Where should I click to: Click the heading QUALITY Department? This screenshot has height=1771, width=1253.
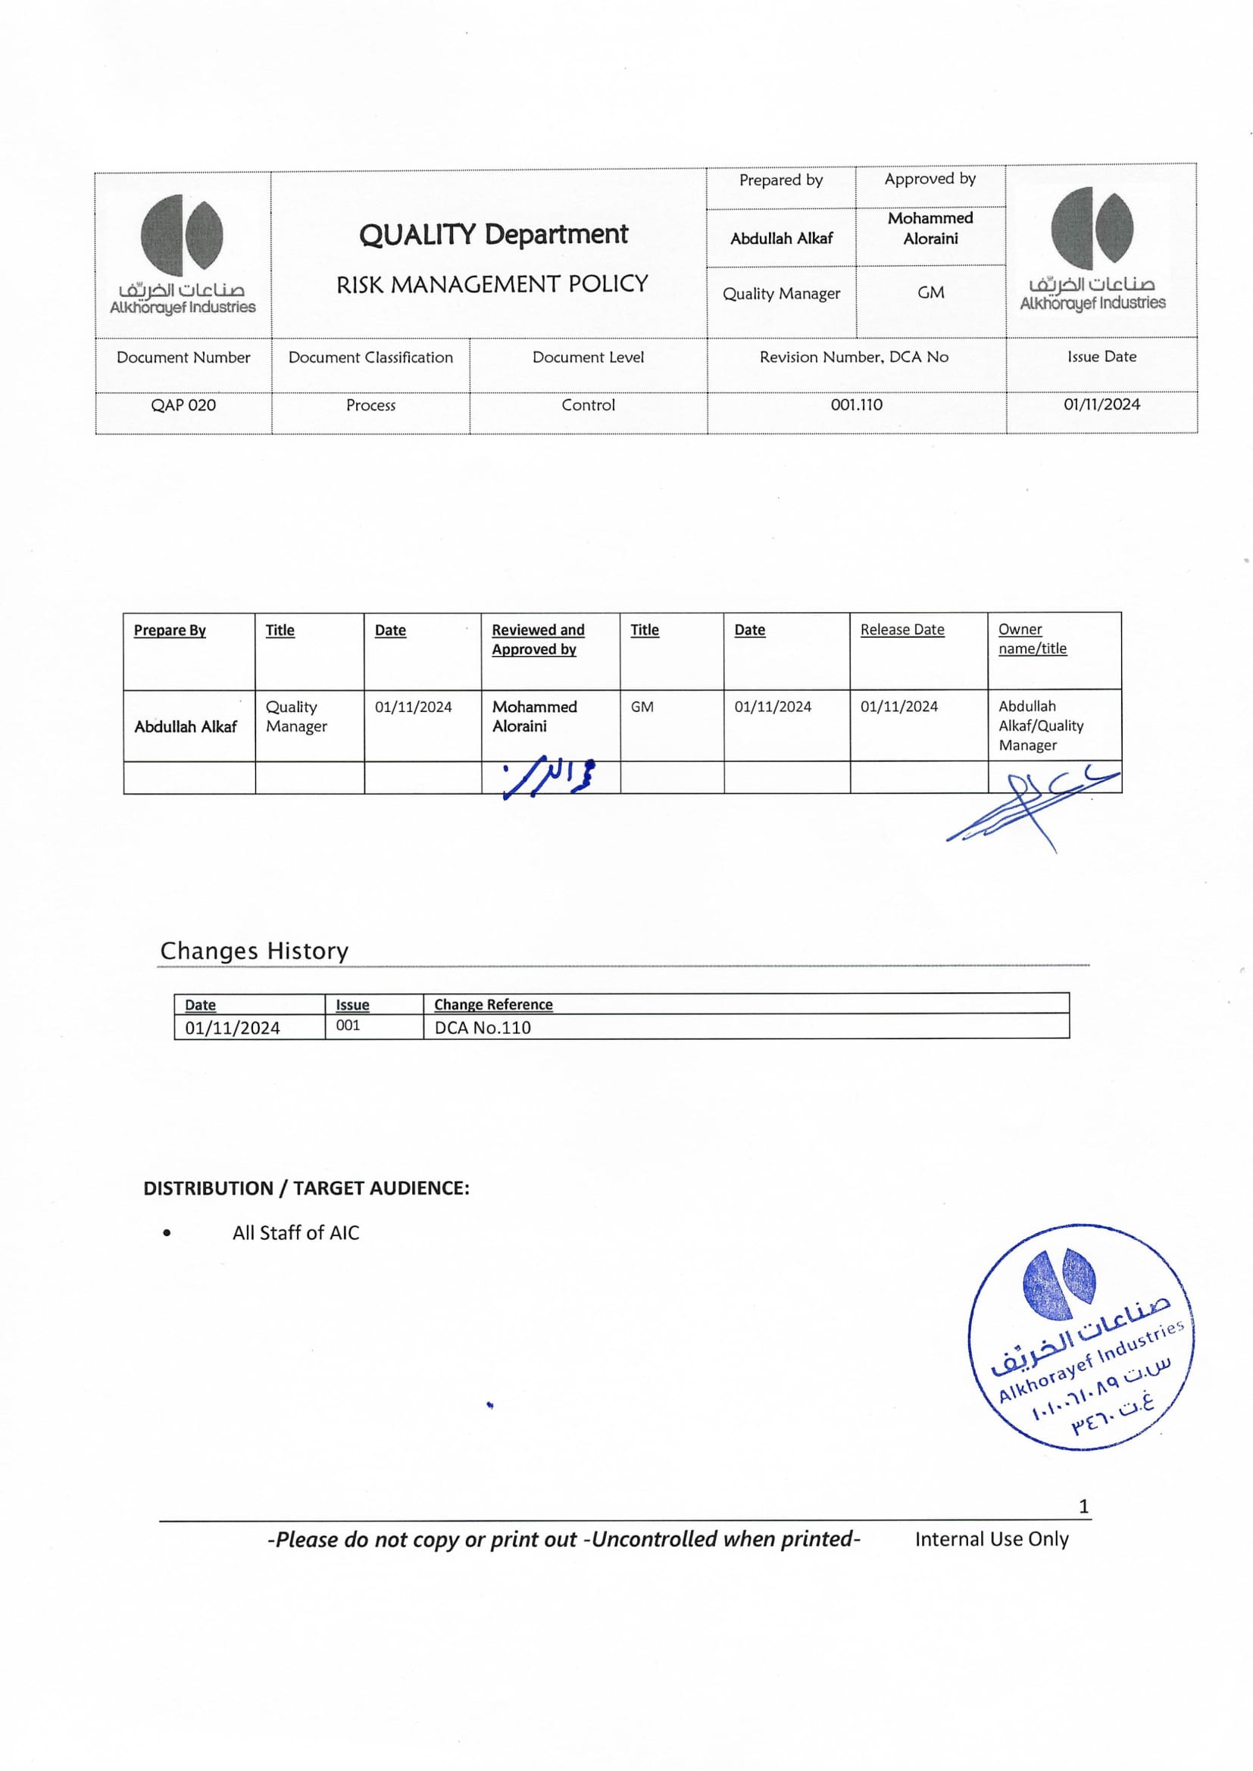(493, 235)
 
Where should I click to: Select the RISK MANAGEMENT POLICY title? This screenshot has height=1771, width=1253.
(492, 285)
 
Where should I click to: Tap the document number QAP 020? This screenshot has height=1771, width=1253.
(183, 405)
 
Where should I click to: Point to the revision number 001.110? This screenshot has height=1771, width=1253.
(857, 404)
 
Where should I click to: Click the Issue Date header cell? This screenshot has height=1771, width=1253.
(1101, 356)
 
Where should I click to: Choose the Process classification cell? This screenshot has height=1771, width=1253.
(370, 405)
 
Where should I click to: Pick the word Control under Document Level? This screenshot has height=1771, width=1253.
(588, 405)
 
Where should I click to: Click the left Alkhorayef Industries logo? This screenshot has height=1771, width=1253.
(183, 255)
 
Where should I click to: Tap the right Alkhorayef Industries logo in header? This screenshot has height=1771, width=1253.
(1092, 248)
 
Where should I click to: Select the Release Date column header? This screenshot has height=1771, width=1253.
(902, 629)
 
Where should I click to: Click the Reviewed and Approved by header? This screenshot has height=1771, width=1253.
(538, 639)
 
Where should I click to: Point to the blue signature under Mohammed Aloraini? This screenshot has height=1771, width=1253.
(549, 776)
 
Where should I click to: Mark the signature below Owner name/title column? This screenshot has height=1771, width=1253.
(1033, 806)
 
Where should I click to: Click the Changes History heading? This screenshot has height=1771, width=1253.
(254, 951)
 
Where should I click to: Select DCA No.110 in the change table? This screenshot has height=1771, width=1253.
(483, 1027)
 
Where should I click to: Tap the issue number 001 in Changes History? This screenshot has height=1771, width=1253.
(348, 1025)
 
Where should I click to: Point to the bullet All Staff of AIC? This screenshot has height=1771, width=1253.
(295, 1232)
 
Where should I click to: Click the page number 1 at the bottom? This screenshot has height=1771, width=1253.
(1083, 1506)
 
